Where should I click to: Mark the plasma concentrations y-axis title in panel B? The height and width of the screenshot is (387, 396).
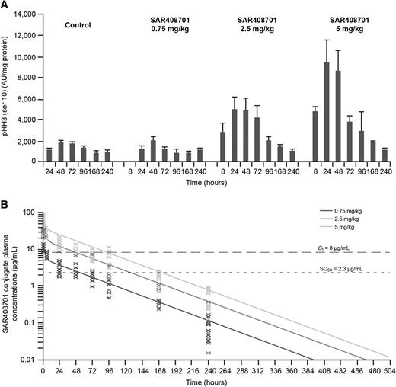(x=8, y=284)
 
